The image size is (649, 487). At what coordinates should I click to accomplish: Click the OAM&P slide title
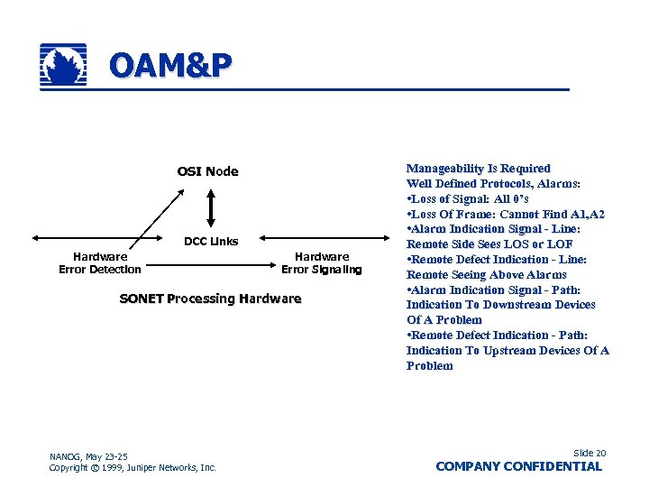(169, 66)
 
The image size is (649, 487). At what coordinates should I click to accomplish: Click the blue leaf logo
(64, 66)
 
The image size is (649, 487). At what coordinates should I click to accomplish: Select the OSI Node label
(207, 171)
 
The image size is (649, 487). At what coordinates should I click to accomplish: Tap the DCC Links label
(211, 241)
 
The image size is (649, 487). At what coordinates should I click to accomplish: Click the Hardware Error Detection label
(100, 262)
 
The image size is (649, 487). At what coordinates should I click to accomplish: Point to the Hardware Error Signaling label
(322, 262)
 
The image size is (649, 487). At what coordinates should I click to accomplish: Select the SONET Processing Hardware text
(210, 299)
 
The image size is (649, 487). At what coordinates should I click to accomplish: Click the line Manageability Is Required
(478, 169)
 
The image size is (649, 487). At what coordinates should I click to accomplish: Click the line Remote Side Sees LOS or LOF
(489, 244)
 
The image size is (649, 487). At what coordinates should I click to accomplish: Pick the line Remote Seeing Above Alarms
(487, 274)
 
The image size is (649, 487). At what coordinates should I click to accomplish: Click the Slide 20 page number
(590, 453)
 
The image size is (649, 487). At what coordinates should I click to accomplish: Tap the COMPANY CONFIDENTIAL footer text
(518, 466)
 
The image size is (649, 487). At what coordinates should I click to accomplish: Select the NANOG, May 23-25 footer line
(88, 456)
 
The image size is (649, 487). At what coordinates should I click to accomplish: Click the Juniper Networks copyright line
(133, 467)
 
